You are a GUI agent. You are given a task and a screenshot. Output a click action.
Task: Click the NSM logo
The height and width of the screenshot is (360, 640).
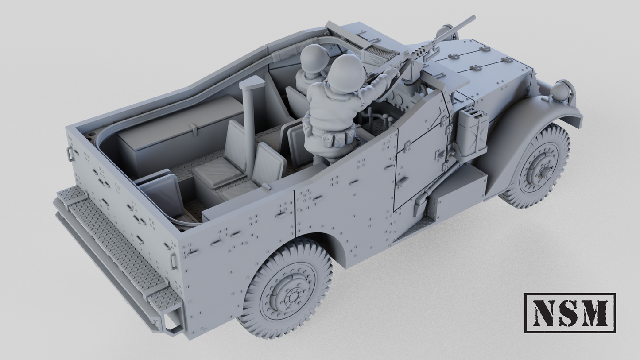click(570, 313)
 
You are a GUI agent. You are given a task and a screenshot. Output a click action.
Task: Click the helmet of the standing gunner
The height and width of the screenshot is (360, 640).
click(347, 73)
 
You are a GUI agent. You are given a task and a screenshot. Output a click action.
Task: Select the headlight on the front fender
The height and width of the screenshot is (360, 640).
click(561, 91)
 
